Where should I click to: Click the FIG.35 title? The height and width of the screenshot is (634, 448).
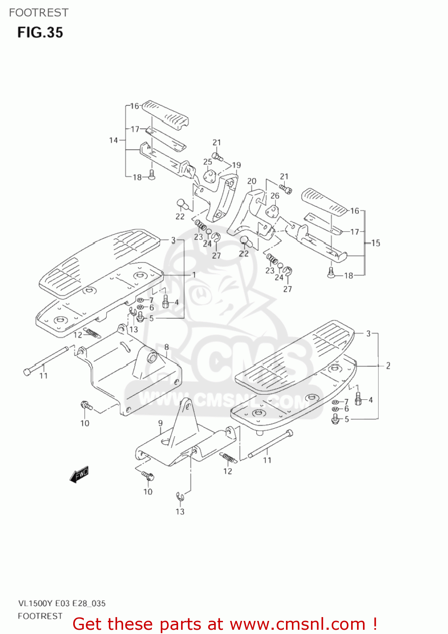pos(40,33)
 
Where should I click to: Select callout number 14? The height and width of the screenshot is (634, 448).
pos(113,140)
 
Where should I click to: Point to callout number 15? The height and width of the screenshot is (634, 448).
pos(376,243)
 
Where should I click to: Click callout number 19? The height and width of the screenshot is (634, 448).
pos(236,165)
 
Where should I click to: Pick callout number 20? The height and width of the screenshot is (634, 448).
pos(252,181)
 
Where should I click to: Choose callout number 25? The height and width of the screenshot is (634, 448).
pos(208,162)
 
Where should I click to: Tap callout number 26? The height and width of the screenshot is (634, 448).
pos(275,196)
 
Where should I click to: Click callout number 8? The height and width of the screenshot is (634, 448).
pos(166,347)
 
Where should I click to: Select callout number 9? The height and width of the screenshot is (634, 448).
pos(160,423)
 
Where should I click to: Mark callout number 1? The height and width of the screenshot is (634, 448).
pos(194,275)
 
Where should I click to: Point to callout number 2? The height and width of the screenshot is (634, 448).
pos(388,366)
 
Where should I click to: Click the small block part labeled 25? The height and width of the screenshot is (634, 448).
pos(209,175)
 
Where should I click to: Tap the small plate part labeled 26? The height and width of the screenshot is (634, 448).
pos(272,211)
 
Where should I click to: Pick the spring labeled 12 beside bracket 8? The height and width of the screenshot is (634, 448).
pos(92,333)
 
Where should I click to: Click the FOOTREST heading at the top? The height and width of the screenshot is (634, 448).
pos(38,13)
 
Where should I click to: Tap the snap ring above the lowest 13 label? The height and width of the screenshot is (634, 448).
pos(179,497)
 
